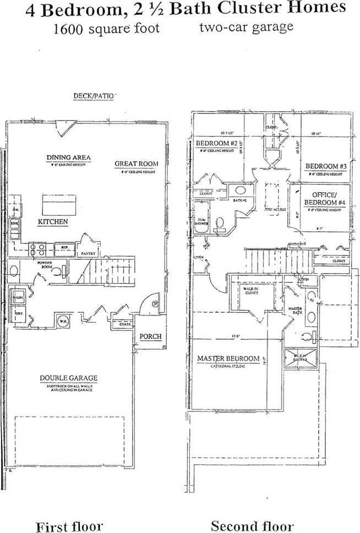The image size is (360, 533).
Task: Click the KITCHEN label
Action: pyautogui.click(x=53, y=222)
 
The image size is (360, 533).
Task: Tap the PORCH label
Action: pyautogui.click(x=150, y=336)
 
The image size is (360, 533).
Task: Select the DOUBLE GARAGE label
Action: pyautogui.click(x=69, y=378)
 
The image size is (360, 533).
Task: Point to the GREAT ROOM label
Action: pyautogui.click(x=136, y=164)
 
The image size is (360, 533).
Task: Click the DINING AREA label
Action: pyautogui.click(x=68, y=158)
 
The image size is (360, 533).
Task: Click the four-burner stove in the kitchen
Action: pyautogui.click(x=40, y=248)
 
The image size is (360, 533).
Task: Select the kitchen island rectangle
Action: pyautogui.click(x=58, y=205)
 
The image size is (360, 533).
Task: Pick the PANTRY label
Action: pyautogui.click(x=89, y=253)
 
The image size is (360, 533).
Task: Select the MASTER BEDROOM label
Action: pyautogui.click(x=228, y=359)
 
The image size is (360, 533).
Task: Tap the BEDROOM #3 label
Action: pyautogui.click(x=326, y=166)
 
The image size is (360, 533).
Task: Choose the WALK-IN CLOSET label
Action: pyautogui.click(x=252, y=291)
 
